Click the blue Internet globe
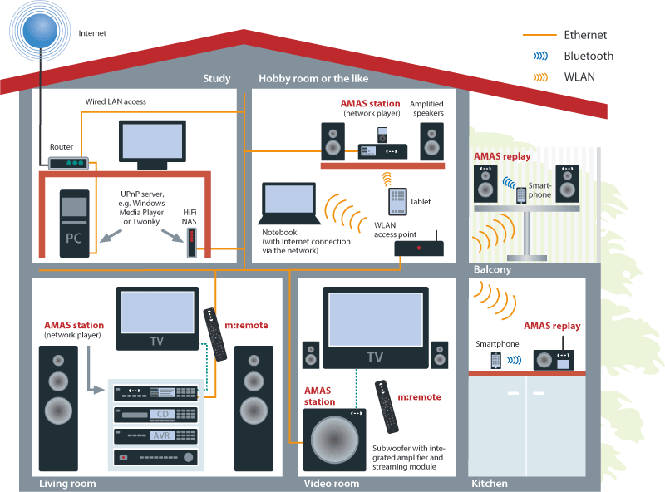[x=40, y=32]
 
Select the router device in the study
[x=69, y=164]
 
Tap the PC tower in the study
[x=73, y=226]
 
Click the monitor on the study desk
[x=153, y=143]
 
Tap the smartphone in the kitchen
[x=496, y=361]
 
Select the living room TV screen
[x=157, y=312]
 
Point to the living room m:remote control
[x=215, y=334]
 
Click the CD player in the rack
[x=158, y=414]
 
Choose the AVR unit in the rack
[x=158, y=435]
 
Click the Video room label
[x=331, y=484]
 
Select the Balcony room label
[x=492, y=270]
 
